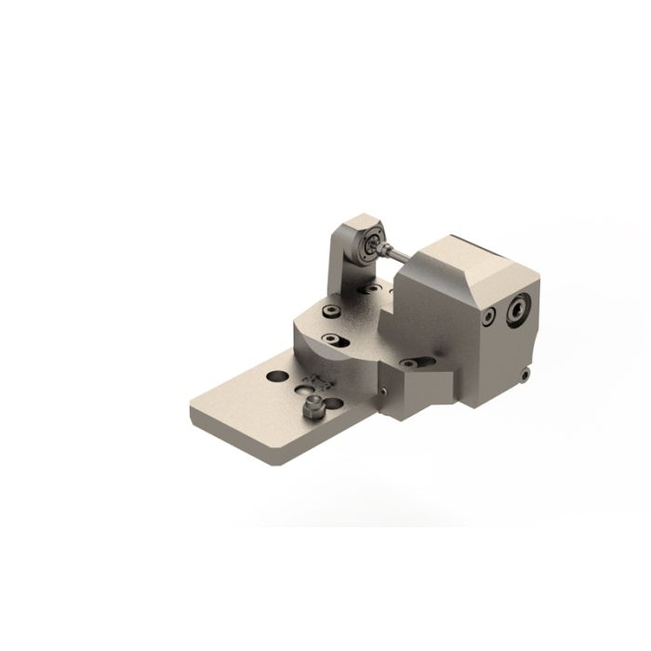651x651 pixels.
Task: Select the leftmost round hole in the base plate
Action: (277, 376)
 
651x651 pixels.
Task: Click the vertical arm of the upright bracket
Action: (340, 265)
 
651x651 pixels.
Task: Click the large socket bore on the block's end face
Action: (517, 310)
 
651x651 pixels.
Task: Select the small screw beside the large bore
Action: (488, 316)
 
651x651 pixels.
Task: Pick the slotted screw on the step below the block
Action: (411, 363)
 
